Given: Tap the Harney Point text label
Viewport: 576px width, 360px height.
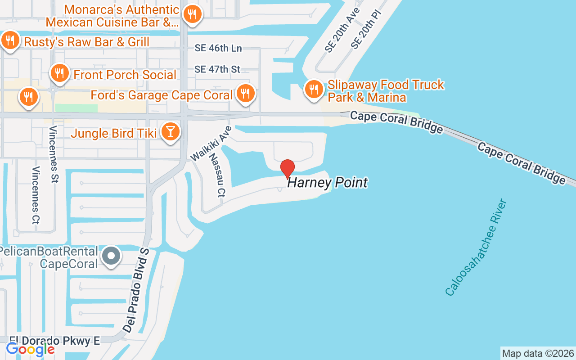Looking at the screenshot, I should click(x=327, y=182).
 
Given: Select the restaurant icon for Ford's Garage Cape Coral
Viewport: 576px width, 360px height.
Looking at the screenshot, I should click(x=245, y=94).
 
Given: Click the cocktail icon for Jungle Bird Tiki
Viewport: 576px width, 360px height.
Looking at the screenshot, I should click(x=171, y=131).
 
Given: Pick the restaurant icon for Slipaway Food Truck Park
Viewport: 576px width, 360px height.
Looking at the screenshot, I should click(x=313, y=89).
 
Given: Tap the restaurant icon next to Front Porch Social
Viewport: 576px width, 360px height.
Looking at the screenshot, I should click(x=59, y=72).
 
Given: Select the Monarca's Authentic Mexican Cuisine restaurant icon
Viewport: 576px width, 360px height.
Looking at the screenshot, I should click(x=192, y=14).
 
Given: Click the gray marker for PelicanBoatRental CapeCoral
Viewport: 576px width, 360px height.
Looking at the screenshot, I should click(x=111, y=256).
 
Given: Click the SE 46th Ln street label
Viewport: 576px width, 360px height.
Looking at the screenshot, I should click(x=218, y=48).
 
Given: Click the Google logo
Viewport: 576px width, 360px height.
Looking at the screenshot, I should click(x=30, y=349).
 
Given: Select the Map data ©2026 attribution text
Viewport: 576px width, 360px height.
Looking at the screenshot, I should click(x=538, y=353).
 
